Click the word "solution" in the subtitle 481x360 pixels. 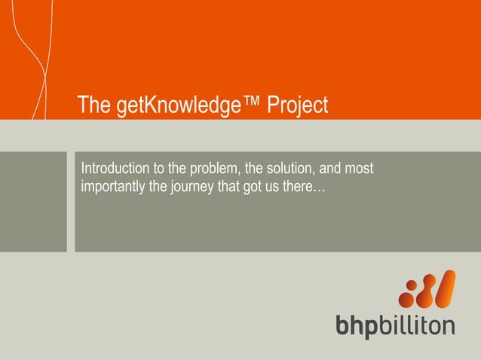click(x=290, y=166)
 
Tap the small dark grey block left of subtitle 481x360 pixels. click(x=33, y=202)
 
